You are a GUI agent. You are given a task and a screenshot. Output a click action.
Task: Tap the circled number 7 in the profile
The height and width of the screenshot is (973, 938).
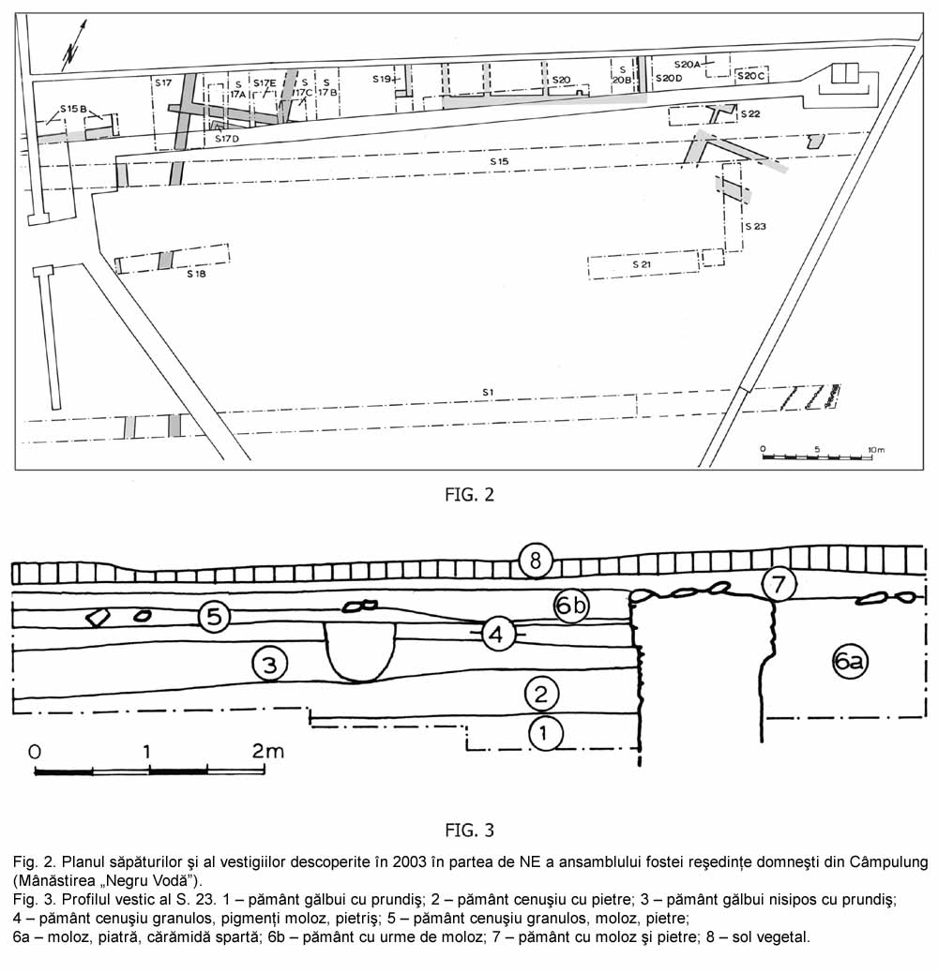click(x=778, y=584)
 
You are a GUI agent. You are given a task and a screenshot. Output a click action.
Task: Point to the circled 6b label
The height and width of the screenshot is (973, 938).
click(x=571, y=606)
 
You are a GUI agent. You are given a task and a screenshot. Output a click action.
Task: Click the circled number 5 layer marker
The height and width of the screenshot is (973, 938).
click(x=215, y=617)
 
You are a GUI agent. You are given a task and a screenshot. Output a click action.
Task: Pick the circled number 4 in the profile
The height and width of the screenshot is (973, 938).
click(x=498, y=635)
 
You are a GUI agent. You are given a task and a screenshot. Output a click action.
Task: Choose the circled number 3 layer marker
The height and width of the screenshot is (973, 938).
click(x=269, y=665)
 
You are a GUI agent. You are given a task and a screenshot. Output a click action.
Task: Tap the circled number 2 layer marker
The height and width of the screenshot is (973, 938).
click(x=541, y=695)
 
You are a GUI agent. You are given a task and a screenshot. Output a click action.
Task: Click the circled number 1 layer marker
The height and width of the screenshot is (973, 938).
click(x=547, y=734)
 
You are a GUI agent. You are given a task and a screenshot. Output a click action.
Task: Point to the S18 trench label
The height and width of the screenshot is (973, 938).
click(x=195, y=275)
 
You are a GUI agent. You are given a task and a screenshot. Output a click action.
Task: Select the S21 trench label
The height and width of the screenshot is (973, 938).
click(x=642, y=265)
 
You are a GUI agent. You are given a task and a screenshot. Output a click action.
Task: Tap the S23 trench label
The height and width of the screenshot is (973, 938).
click(x=755, y=226)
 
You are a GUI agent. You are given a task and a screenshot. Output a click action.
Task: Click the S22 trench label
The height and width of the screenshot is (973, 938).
click(x=749, y=114)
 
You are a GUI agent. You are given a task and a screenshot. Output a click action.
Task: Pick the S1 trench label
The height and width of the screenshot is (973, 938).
click(x=488, y=391)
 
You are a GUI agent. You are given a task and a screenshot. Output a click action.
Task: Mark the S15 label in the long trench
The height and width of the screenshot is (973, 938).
click(x=499, y=162)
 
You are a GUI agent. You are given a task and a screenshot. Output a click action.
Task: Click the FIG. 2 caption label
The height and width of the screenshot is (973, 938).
click(x=469, y=495)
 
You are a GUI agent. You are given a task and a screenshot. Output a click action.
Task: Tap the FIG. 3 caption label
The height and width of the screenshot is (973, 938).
click(x=469, y=830)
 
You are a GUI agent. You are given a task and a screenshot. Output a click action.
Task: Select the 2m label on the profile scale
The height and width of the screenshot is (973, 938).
click(x=268, y=751)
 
